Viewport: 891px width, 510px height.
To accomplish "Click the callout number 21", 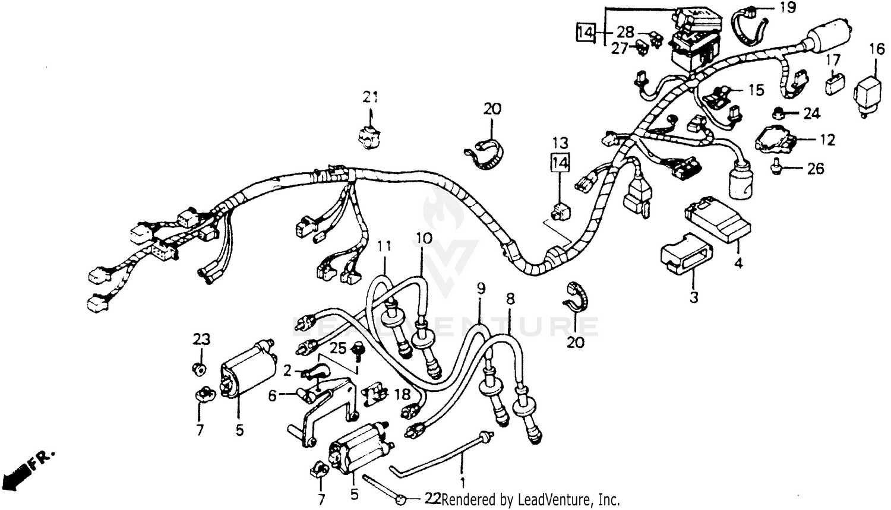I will point(371,97).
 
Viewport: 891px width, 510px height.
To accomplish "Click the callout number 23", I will point(201,340).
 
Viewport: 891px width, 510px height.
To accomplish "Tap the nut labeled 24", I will point(778,112).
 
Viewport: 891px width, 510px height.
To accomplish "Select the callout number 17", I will point(833,60).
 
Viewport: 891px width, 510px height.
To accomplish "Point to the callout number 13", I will point(561,142).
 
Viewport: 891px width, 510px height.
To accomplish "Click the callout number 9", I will point(481,289).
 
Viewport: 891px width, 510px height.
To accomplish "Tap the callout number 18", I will point(402,394).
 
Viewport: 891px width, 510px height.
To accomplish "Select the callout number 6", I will point(272,395).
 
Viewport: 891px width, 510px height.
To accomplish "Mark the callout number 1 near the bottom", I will point(462,476).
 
